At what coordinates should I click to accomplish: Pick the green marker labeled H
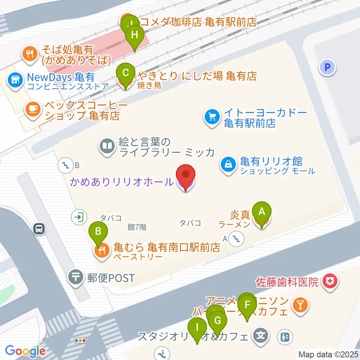pyautogui.click(x=135, y=36)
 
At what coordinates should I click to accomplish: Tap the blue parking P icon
pyautogui.click(x=327, y=68)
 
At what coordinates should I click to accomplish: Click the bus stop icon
pyautogui.click(x=39, y=228)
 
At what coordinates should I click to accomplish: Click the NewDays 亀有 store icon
pyautogui.click(x=15, y=80)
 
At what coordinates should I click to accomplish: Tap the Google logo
pyautogui.click(x=25, y=351)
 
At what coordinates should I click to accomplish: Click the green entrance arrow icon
pyautogui.click(x=79, y=216)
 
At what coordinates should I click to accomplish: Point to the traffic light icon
pyautogui.click(x=80, y=340)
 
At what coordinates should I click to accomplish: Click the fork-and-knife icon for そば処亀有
pyautogui.click(x=29, y=53)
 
